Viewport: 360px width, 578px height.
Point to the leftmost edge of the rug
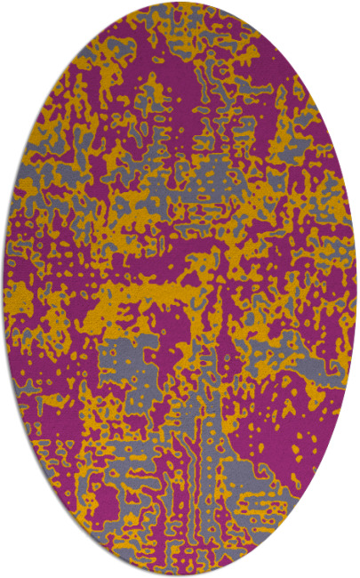pyautogui.click(x=7, y=289)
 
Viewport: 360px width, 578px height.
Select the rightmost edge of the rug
pyautogui.click(x=353, y=289)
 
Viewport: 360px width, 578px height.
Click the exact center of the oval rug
pyautogui.click(x=180, y=289)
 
